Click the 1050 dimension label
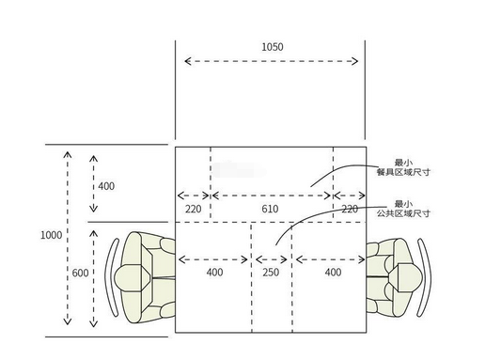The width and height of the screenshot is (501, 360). (273, 47)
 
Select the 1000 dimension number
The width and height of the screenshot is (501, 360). (51, 235)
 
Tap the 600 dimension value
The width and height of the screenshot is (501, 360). (80, 274)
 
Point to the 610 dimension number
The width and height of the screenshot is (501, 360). (270, 209)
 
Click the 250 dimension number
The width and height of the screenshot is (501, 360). (271, 273)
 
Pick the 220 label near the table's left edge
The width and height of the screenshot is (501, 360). (194, 210)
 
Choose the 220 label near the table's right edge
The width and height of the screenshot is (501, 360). (350, 210)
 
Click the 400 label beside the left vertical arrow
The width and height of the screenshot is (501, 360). (106, 186)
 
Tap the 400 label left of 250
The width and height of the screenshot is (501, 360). (214, 273)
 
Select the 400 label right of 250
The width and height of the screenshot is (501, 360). (333, 273)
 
